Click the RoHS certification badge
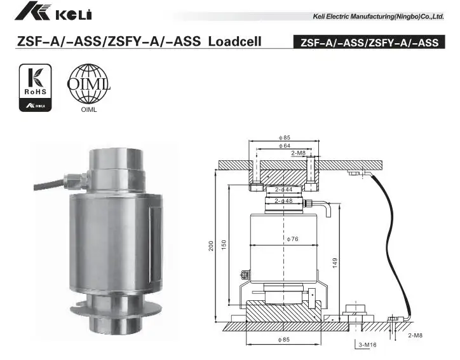click(x=33, y=87)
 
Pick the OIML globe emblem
click(x=88, y=83)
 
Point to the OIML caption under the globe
click(x=88, y=109)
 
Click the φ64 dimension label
click(x=284, y=146)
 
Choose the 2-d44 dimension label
click(x=283, y=190)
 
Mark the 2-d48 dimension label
click(x=283, y=201)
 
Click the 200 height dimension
click(x=211, y=246)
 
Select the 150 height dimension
click(x=223, y=246)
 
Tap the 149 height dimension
click(x=334, y=261)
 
